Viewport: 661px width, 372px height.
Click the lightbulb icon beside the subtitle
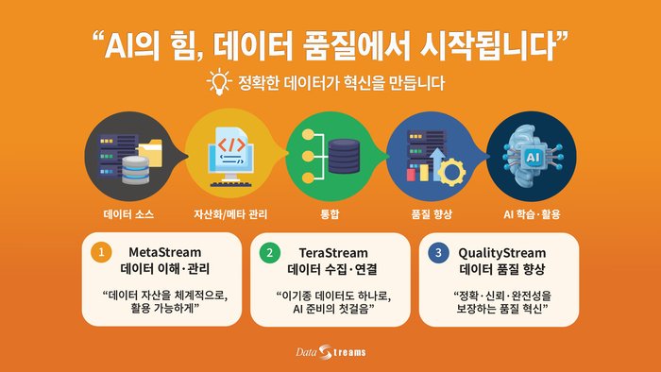point(218,82)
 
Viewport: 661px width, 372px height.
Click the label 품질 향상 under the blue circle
point(432,213)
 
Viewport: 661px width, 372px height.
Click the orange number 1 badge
point(100,253)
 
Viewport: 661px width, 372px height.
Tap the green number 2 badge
point(269,253)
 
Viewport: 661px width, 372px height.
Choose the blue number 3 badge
point(436,253)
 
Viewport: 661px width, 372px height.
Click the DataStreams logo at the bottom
point(330,353)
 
